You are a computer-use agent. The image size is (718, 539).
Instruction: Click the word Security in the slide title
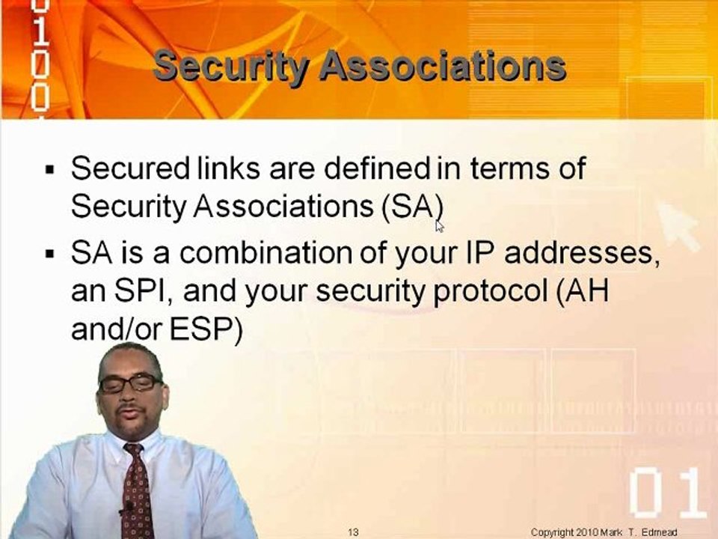(x=230, y=68)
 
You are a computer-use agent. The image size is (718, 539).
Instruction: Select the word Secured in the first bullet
(x=129, y=168)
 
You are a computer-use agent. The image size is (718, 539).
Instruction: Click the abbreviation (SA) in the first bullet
(x=412, y=206)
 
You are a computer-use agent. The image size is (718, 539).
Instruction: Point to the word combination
(x=266, y=253)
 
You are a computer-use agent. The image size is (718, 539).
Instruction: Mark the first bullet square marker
(x=50, y=169)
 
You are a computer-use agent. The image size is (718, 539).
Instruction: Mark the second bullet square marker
(x=50, y=254)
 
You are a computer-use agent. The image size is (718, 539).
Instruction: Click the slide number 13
(x=354, y=532)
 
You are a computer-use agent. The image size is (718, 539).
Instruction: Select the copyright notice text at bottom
(x=604, y=532)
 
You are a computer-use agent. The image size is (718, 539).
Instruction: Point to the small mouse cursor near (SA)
(x=439, y=226)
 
